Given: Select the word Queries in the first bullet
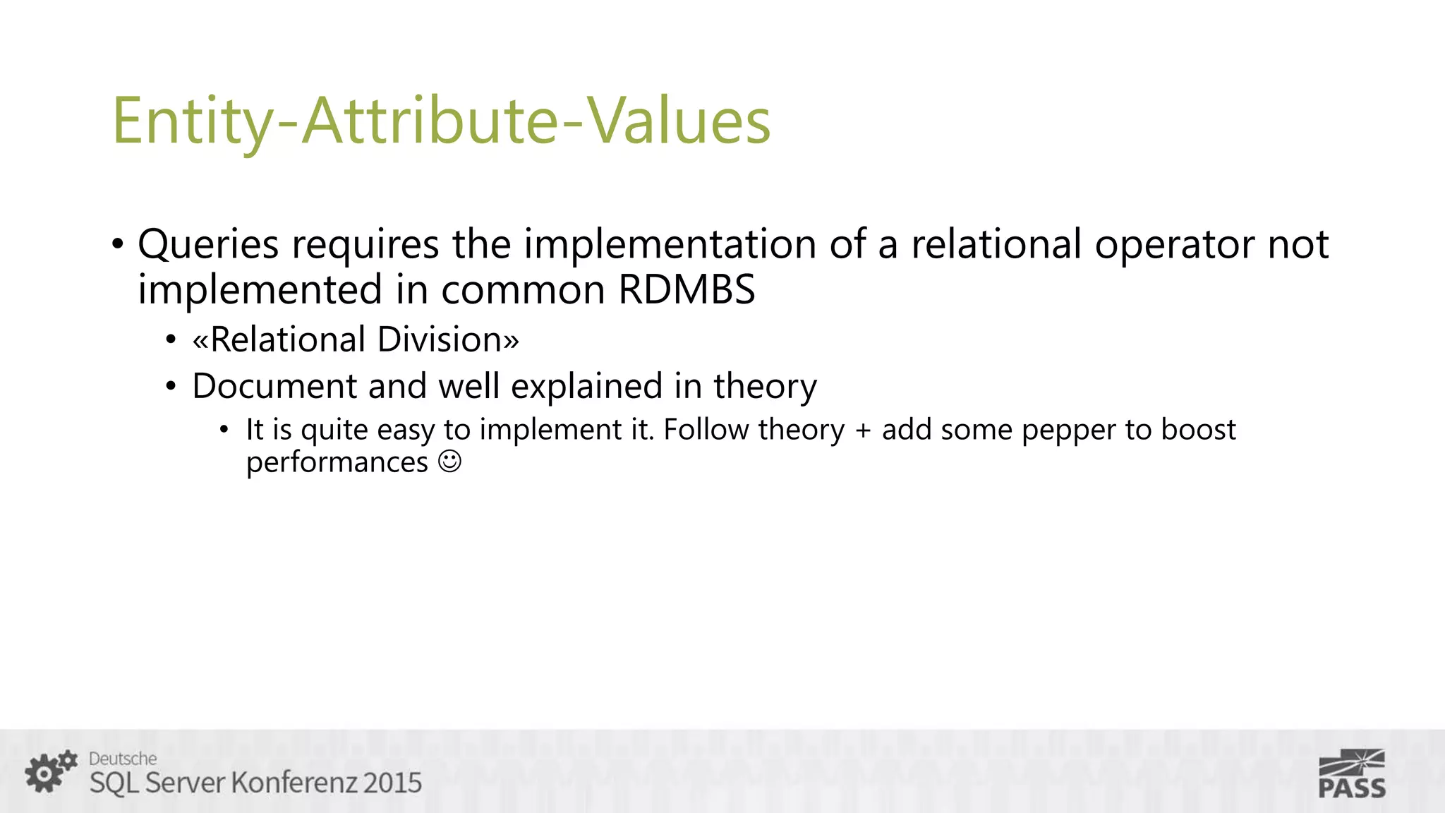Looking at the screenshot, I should point(208,244).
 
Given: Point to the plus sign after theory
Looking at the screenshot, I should point(863,430).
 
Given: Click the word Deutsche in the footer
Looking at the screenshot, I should point(123,759).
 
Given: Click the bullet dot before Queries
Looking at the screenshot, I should point(118,245).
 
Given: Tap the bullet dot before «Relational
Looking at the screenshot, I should point(171,340).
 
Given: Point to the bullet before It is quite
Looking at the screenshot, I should point(224,430).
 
